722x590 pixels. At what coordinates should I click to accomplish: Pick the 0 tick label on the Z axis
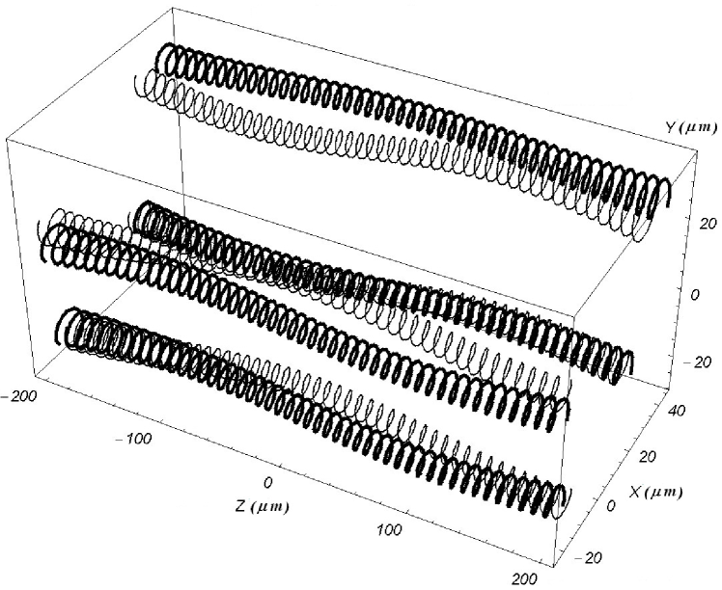pyautogui.click(x=268, y=481)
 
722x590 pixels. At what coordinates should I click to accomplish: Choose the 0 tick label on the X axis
pyautogui.click(x=613, y=504)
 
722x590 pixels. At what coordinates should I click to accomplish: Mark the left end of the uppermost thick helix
pyautogui.click(x=164, y=60)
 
